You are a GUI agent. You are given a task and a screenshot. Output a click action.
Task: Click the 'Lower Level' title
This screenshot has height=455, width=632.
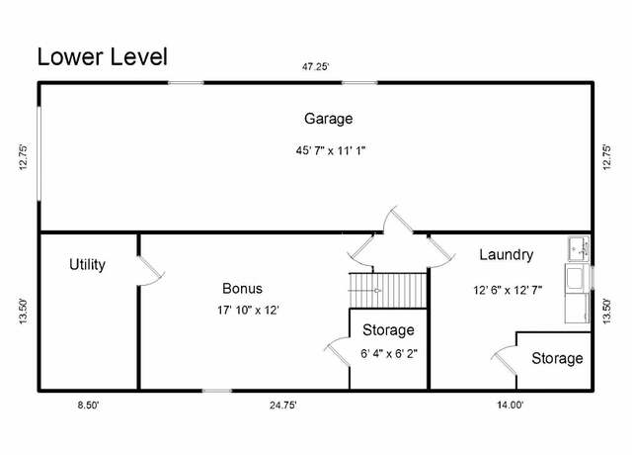click(103, 57)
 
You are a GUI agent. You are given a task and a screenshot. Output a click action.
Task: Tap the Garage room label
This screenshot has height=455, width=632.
click(329, 119)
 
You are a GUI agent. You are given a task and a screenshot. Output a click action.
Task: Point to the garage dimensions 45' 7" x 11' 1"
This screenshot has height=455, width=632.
click(331, 150)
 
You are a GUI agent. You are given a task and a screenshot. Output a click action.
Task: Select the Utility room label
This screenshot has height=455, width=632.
click(87, 265)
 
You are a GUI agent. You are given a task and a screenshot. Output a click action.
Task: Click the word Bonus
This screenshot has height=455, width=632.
click(242, 288)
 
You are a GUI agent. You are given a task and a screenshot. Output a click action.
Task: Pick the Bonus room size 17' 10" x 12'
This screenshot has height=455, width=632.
click(248, 310)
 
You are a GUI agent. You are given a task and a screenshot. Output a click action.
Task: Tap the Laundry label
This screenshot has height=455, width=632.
click(507, 255)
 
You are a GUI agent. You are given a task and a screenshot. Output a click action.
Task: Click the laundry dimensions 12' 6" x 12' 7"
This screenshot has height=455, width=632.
click(508, 290)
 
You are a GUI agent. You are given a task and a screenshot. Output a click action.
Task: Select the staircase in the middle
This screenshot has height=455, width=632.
click(388, 290)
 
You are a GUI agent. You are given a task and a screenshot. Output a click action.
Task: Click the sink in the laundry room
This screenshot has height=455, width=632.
click(579, 248)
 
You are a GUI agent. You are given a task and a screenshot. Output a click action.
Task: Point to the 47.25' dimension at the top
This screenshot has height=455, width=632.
click(316, 66)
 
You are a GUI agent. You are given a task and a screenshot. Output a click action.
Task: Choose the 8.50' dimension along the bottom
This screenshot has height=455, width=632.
click(88, 405)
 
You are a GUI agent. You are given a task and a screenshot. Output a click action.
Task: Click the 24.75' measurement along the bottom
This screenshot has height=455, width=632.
click(283, 405)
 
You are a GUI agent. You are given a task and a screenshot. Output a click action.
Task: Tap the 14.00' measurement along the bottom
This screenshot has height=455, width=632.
click(511, 405)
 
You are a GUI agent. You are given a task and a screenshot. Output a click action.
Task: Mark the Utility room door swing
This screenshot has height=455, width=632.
click(151, 271)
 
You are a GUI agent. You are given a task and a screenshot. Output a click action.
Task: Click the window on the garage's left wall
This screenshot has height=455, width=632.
click(39, 153)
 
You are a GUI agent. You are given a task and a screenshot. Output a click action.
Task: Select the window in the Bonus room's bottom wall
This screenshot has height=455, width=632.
click(217, 391)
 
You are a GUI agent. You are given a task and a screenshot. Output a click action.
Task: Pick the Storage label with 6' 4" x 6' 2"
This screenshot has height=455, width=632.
click(388, 330)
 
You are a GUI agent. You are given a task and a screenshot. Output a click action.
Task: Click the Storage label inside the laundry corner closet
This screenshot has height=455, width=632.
click(557, 358)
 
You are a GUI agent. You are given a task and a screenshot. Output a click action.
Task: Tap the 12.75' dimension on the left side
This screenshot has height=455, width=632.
click(24, 157)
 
